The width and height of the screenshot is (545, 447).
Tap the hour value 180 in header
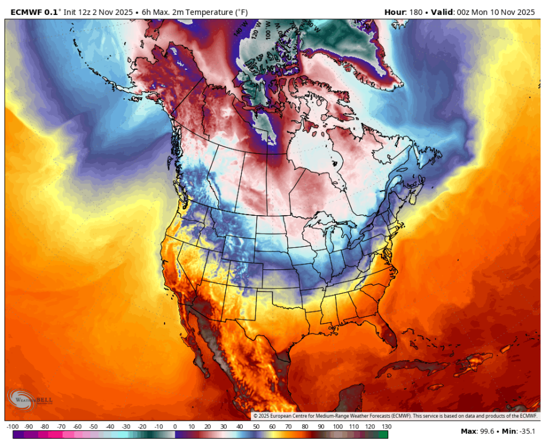click(419, 11)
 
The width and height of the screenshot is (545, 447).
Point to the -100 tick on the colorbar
click(12, 427)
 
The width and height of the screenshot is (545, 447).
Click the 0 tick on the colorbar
click(175, 427)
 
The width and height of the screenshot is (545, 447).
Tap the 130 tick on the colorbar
click(386, 427)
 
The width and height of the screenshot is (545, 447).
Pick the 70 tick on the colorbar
click(289, 427)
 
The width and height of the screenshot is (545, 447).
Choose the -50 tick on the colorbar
click(94, 427)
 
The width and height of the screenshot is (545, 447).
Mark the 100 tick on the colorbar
click(337, 427)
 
